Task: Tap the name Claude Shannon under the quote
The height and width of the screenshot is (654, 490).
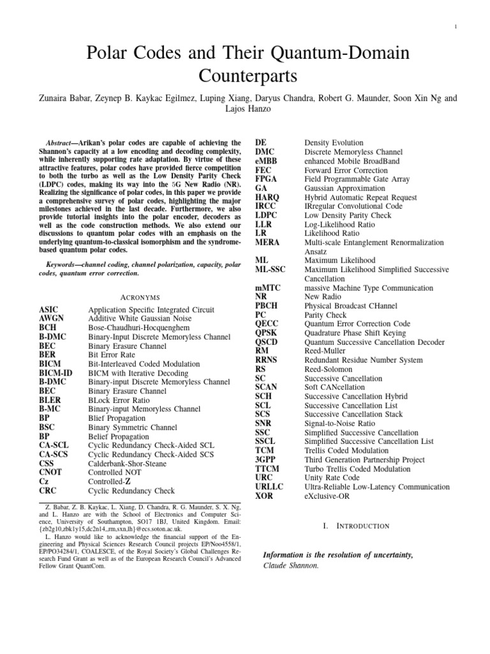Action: (290, 565)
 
